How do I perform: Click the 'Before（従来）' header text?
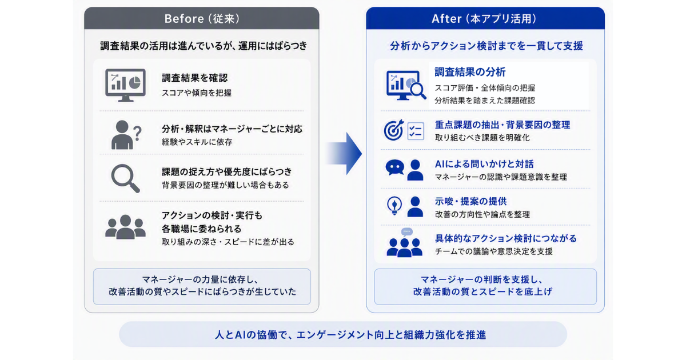(202, 19)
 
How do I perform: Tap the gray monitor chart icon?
(125, 85)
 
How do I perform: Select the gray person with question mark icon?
(126, 135)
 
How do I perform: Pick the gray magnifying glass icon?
(125, 178)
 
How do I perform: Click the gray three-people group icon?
(125, 227)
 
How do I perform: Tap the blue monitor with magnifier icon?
(406, 85)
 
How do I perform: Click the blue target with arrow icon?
(394, 130)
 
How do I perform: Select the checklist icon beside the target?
(416, 131)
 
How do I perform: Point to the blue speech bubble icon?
(395, 167)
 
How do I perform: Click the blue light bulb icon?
(394, 206)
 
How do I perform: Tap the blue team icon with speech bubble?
(405, 243)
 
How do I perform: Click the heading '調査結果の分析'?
(470, 72)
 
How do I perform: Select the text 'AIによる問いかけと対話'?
(484, 164)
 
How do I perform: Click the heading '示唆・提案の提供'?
(470, 201)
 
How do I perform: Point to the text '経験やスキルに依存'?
(197, 142)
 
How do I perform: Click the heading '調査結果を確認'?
(195, 78)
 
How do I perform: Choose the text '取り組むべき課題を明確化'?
(482, 138)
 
